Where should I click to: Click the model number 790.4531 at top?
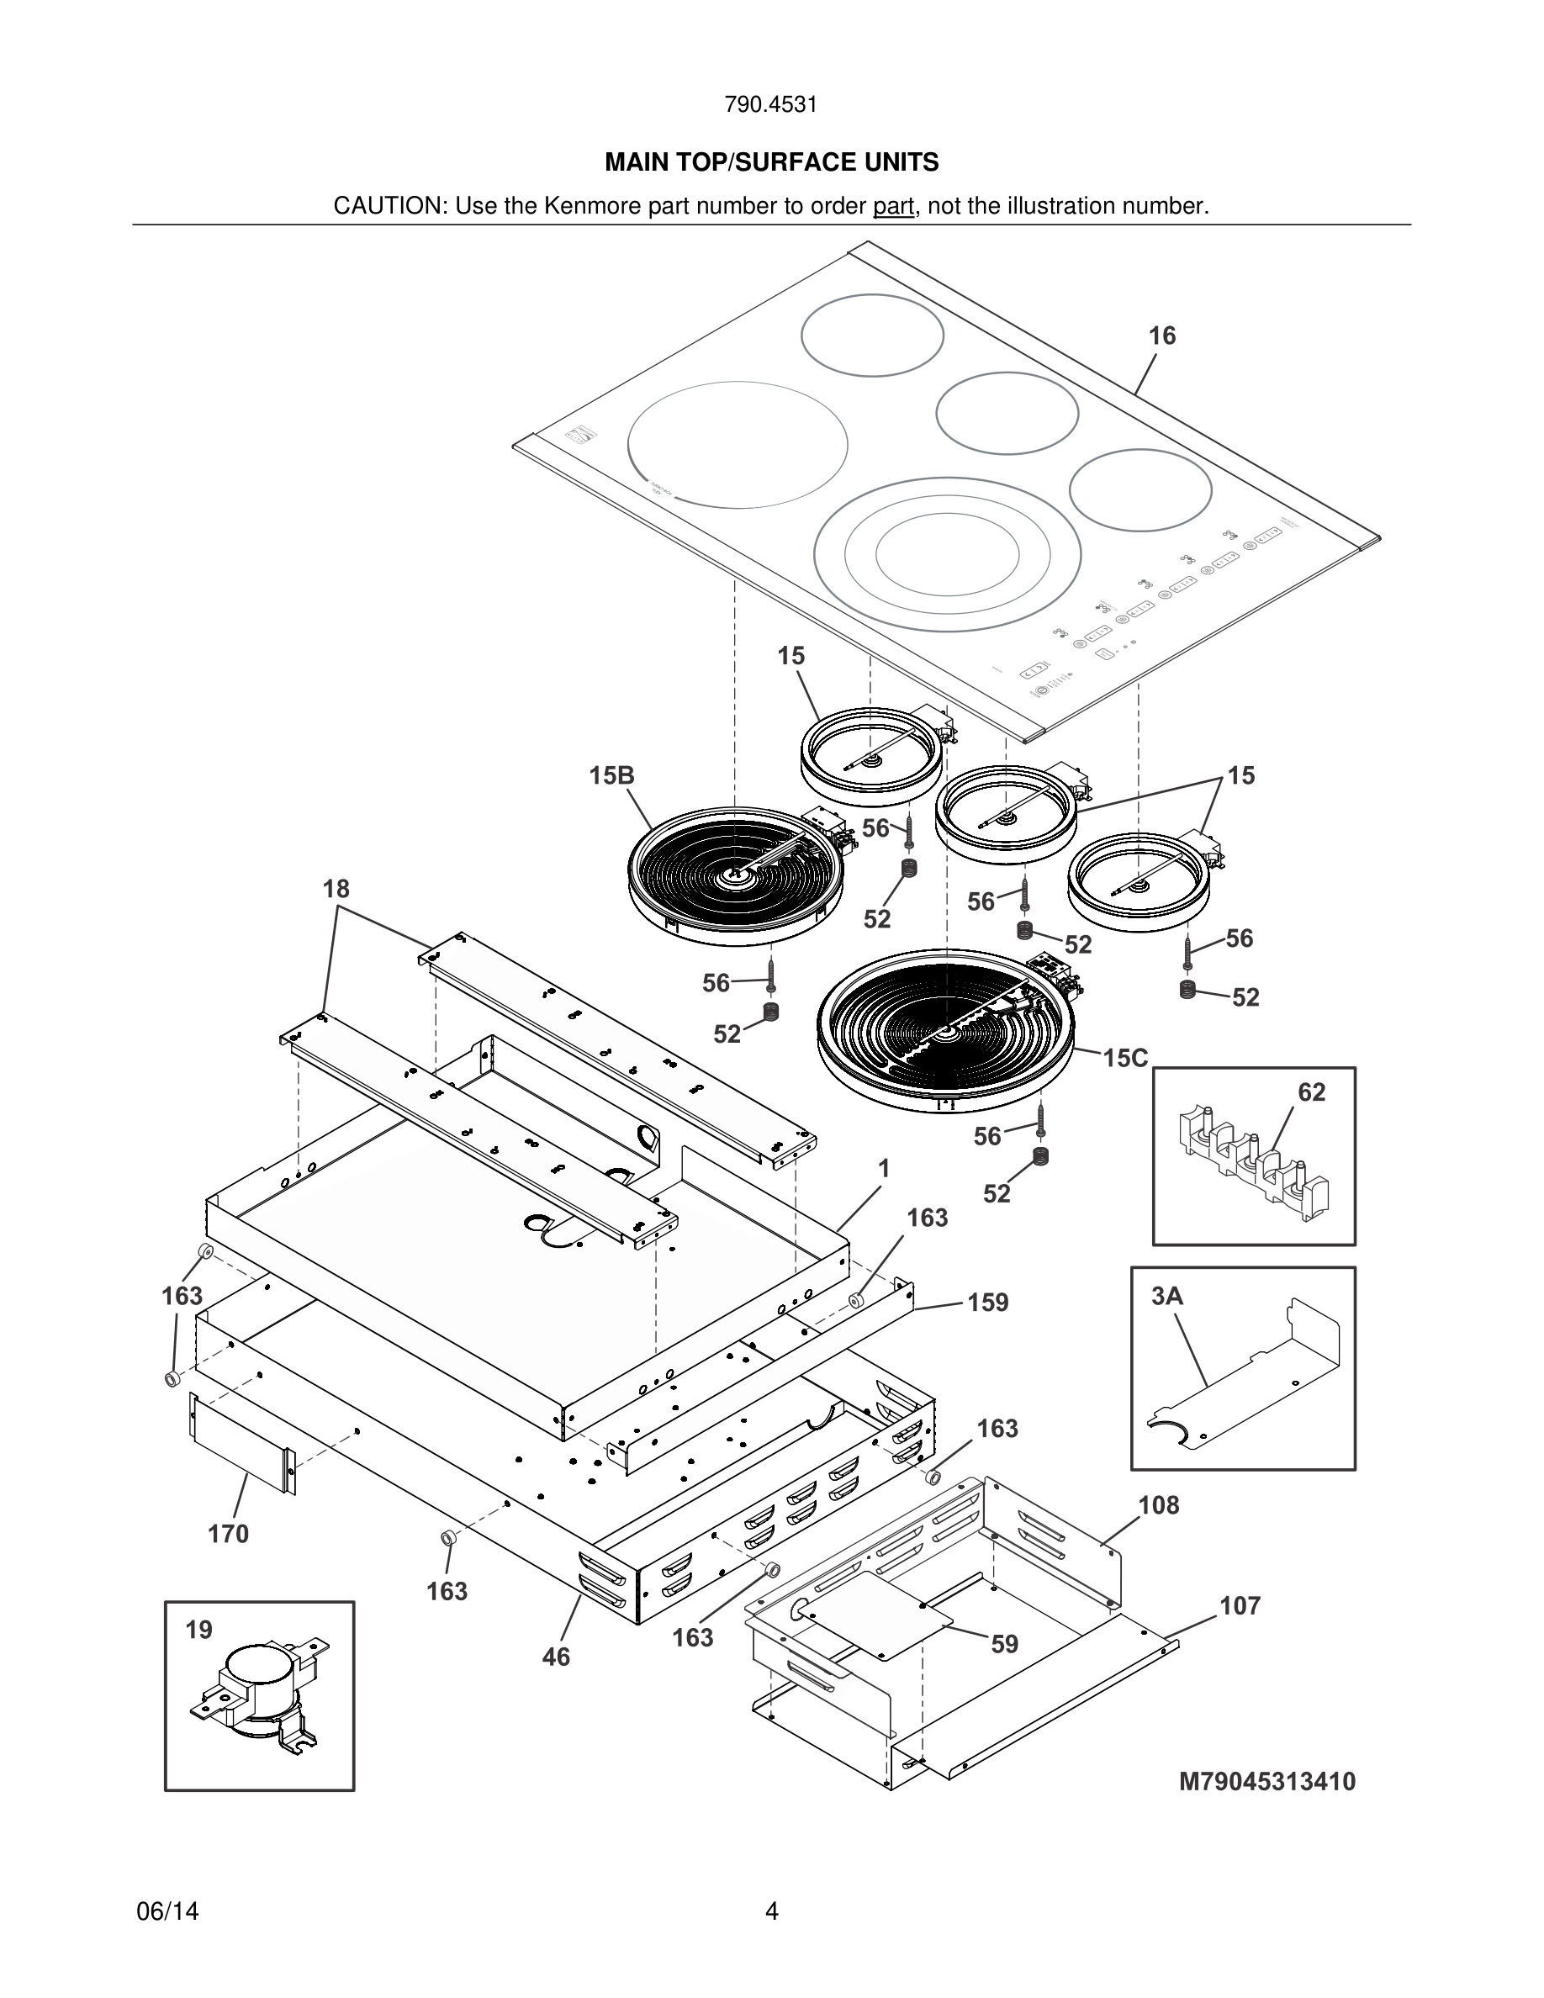tap(770, 104)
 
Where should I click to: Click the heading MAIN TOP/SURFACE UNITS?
tap(771, 163)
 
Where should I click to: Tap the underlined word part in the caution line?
tap(893, 206)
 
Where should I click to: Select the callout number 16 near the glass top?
tap(1161, 336)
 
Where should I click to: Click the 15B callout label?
tap(611, 776)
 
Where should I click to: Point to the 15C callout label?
tap(1124, 1059)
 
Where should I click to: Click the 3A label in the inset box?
tap(1166, 1297)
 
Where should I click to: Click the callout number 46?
tap(555, 1657)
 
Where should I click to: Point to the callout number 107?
tap(1240, 1605)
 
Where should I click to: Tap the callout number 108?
tap(1158, 1505)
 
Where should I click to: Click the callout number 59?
tap(1004, 1644)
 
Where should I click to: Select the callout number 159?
tap(988, 1302)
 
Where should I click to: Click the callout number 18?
tap(336, 888)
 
